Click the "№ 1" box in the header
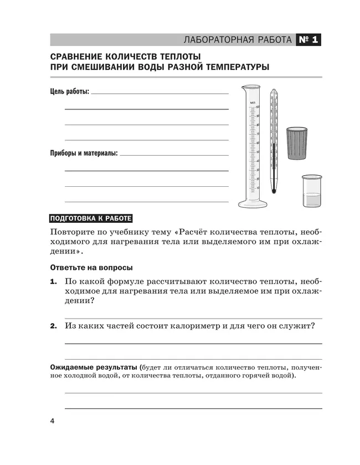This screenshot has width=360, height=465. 309,40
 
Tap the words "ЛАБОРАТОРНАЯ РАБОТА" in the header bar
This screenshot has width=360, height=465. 237,40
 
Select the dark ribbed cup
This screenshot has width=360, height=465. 297,144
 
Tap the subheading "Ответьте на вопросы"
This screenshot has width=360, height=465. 87,267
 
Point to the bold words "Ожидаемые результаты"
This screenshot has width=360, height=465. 94,367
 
